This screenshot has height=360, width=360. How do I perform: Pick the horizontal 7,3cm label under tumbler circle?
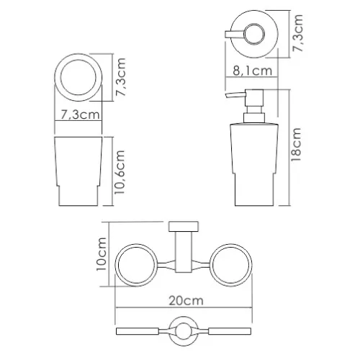click(80, 113)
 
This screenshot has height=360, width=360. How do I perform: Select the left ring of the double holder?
click(138, 264)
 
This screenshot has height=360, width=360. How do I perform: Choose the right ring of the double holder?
click(228, 264)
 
